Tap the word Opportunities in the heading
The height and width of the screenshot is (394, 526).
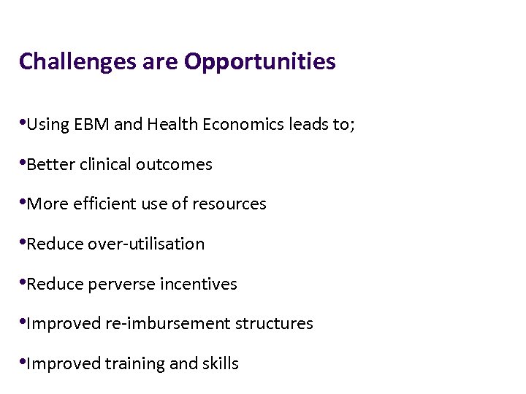(260, 62)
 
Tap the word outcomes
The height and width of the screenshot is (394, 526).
(176, 165)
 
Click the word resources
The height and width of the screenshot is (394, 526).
(229, 204)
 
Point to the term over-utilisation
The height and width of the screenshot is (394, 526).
(146, 244)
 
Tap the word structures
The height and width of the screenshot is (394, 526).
(275, 323)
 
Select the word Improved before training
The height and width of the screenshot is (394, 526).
(56, 363)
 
